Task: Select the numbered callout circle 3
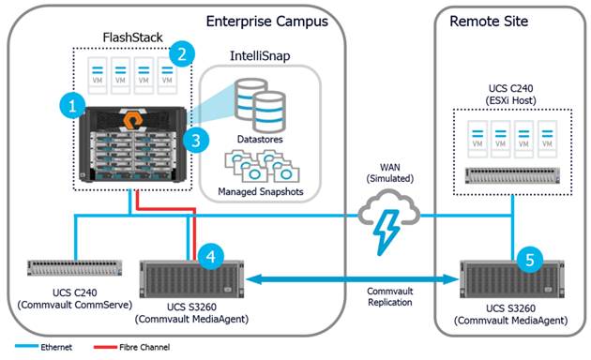click(194, 141)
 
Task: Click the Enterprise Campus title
click(272, 20)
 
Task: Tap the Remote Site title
click(488, 20)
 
